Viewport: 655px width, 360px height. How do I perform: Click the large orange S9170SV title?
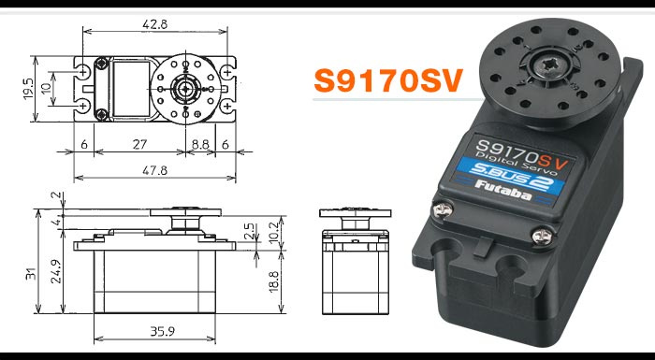coord(388,81)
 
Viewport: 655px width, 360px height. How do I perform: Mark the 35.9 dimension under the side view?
coord(156,332)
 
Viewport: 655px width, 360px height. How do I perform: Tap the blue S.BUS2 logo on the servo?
coord(509,170)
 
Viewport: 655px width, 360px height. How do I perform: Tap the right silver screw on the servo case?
coord(540,236)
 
